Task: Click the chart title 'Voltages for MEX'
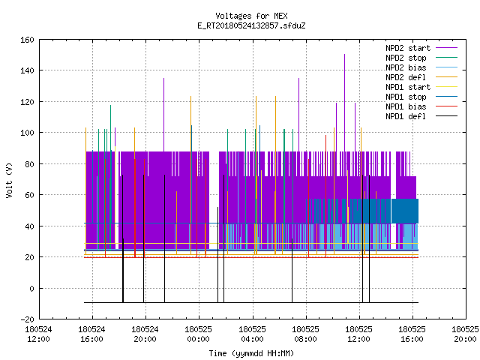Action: click(251, 16)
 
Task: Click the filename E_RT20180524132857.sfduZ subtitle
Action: click(251, 25)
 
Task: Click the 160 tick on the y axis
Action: click(27, 40)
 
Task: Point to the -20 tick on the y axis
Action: click(27, 319)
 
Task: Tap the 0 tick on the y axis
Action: click(31, 288)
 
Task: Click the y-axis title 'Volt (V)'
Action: click(10, 180)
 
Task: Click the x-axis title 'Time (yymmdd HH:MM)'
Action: click(251, 353)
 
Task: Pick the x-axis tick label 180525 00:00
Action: click(198, 334)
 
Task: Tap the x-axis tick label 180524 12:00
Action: click(38, 334)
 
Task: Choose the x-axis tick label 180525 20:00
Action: click(465, 334)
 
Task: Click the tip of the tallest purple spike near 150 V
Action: click(345, 54)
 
